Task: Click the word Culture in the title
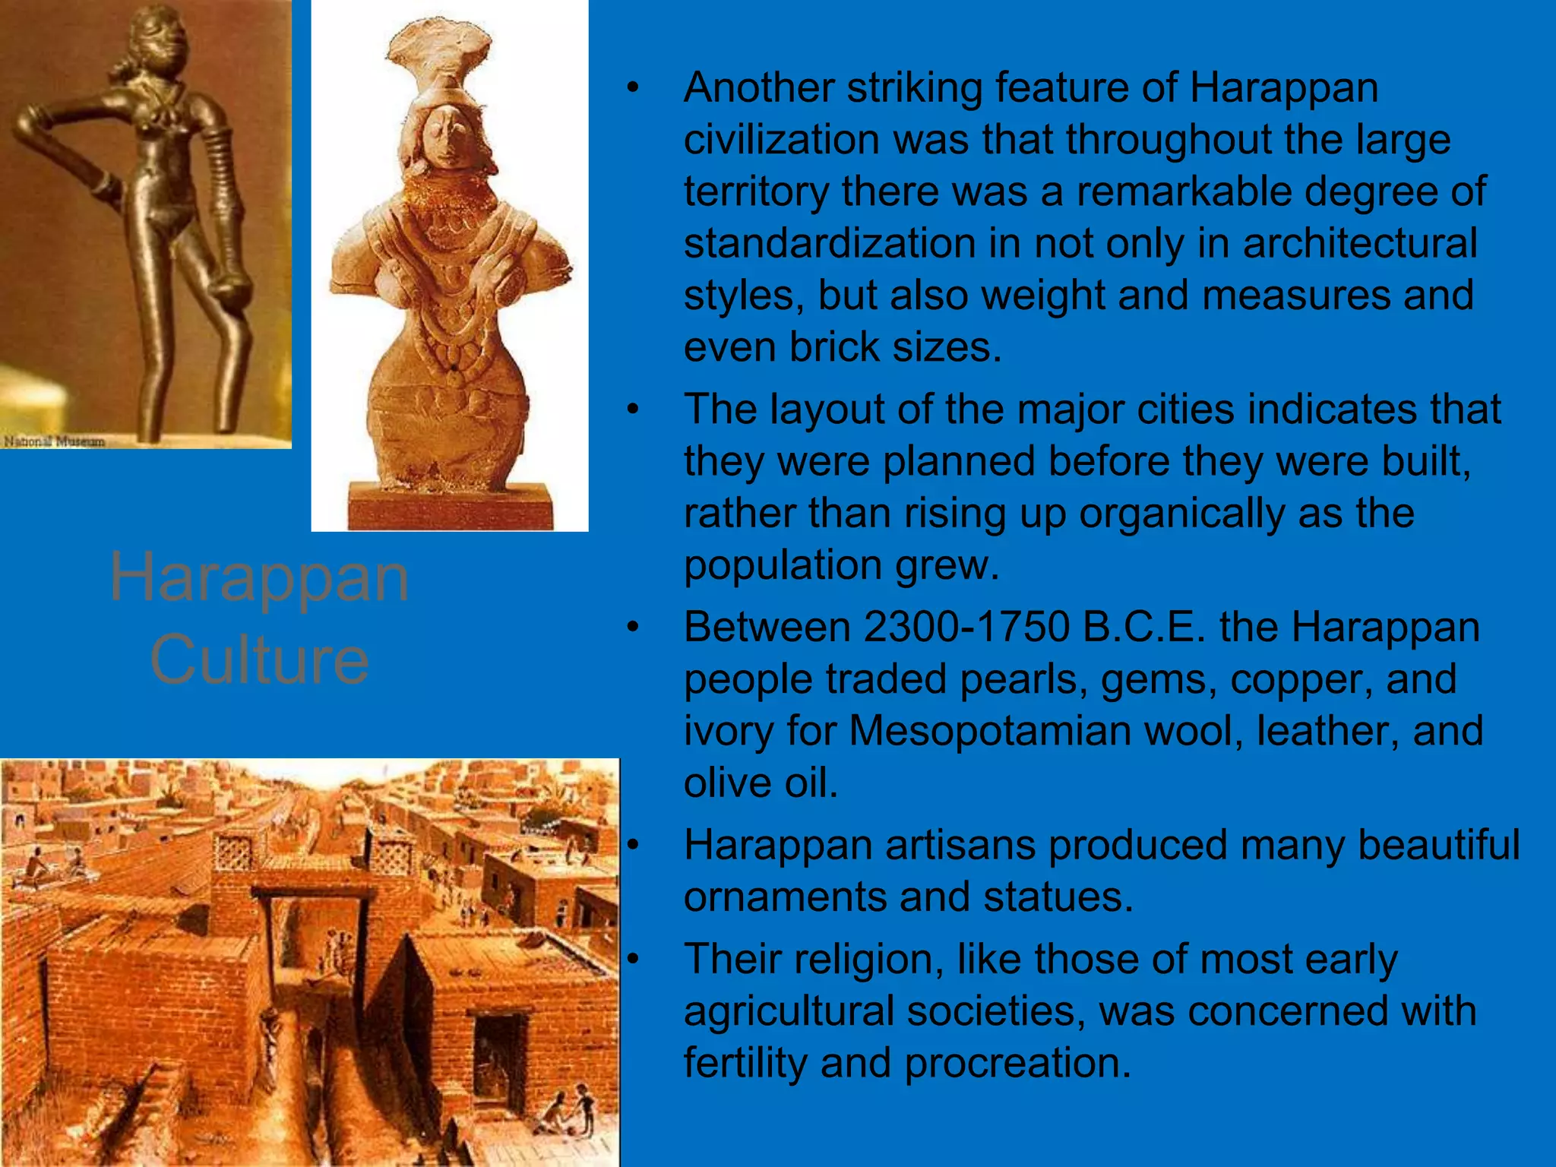(260, 659)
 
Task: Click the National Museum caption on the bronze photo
(55, 441)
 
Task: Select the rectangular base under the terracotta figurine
(450, 506)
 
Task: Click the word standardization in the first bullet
(829, 244)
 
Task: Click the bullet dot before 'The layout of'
(633, 410)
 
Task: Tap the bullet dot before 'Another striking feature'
(633, 88)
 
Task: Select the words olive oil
(760, 783)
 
